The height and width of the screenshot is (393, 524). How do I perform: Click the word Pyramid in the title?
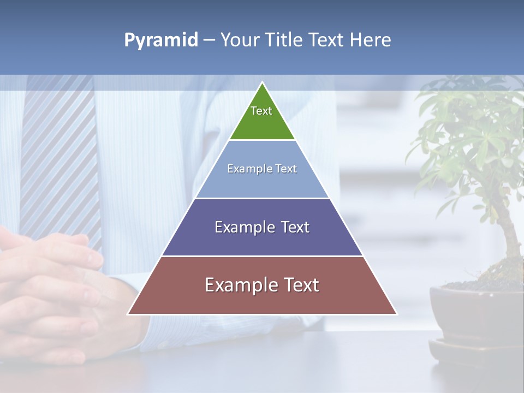pyautogui.click(x=160, y=40)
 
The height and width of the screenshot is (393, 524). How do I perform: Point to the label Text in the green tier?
pyautogui.click(x=261, y=111)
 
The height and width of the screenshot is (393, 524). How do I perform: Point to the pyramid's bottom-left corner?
pyautogui.click(x=129, y=314)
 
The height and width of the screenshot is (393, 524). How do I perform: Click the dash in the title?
pyautogui.click(x=209, y=40)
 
